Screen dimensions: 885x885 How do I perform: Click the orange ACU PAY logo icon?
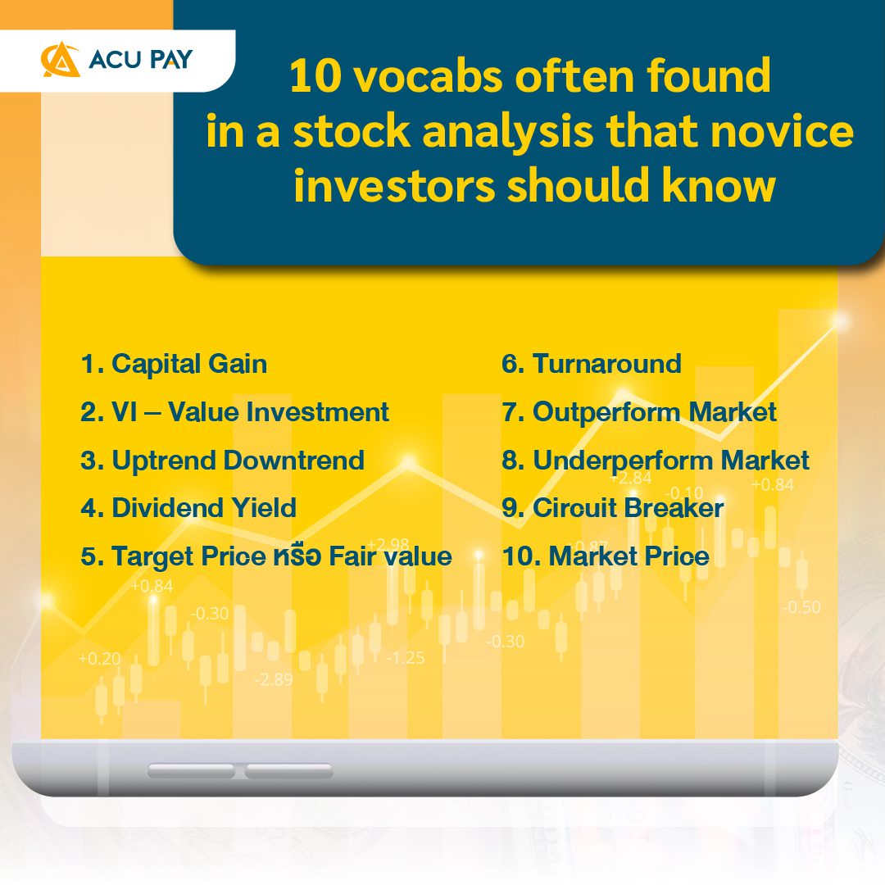61,61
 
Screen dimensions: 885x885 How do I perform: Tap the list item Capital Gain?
174,364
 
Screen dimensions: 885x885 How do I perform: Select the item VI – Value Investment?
234,411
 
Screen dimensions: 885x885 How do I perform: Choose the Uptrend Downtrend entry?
222,460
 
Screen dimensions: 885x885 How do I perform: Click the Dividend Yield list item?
188,508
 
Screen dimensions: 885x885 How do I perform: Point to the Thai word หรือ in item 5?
297,556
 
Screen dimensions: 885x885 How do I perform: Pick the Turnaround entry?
592,364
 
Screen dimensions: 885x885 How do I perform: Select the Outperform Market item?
639,411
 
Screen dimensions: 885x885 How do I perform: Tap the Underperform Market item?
656,460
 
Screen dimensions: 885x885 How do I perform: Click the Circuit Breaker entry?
613,508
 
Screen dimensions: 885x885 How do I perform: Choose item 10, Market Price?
606,556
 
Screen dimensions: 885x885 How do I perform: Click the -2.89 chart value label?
273,679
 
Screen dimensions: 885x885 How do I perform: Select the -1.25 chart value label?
406,658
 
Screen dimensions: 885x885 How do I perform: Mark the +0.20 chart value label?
99,659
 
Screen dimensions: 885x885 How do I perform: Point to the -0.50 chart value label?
801,608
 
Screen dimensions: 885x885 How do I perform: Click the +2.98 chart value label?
388,545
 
